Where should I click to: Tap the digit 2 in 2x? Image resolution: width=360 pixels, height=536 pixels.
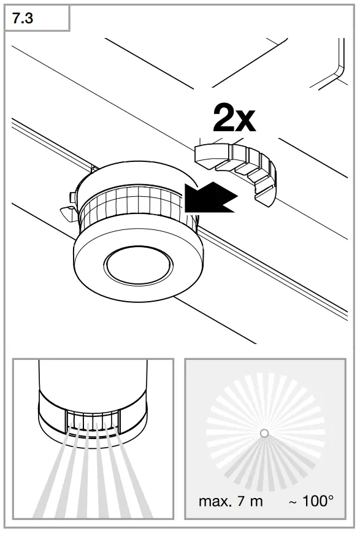click(x=224, y=118)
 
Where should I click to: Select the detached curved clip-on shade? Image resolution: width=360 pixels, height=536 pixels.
click(x=239, y=168)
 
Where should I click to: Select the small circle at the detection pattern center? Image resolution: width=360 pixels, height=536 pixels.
click(x=264, y=433)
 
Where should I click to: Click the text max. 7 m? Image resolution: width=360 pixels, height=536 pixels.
click(x=231, y=501)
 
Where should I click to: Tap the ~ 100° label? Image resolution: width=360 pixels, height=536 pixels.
click(x=311, y=501)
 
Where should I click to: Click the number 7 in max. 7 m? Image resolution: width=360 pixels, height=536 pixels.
click(x=241, y=501)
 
